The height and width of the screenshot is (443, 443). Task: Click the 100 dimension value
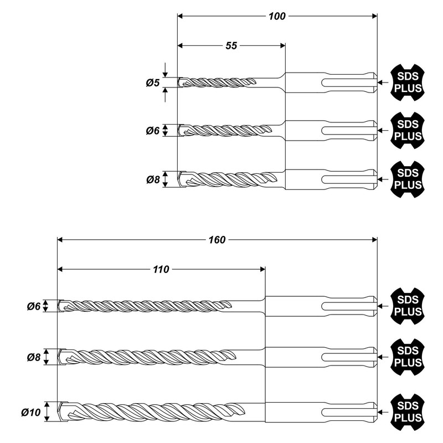coord(277,17)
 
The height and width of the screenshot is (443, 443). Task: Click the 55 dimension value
coord(231,46)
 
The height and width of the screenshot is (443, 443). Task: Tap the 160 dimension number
coord(217,240)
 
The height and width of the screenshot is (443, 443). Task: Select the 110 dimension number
coord(161,270)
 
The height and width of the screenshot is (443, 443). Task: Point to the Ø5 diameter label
coord(153,83)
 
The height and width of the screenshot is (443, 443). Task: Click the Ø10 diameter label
coord(31,413)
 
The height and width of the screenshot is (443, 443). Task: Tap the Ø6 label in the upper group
coord(153,131)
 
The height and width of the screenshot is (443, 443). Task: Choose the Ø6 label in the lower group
coord(34,306)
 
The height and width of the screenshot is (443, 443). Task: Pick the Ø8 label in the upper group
coord(153,179)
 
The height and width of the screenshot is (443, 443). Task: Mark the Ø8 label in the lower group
coord(34,357)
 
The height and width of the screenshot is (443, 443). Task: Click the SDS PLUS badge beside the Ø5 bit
coord(408,83)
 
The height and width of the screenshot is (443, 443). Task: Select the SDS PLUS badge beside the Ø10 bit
coord(408,412)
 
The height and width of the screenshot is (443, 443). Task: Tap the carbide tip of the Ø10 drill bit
coord(63,412)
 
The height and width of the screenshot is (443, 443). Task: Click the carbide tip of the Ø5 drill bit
coord(182,83)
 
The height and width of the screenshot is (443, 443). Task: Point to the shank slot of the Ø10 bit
coord(349,412)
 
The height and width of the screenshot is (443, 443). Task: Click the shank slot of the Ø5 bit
coord(349,83)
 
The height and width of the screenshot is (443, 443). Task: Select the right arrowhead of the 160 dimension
coord(375,240)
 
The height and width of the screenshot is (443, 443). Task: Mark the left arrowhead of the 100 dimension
coord(181,17)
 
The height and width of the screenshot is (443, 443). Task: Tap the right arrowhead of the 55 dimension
coord(282,46)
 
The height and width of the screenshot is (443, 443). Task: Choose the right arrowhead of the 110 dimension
coord(262,270)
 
